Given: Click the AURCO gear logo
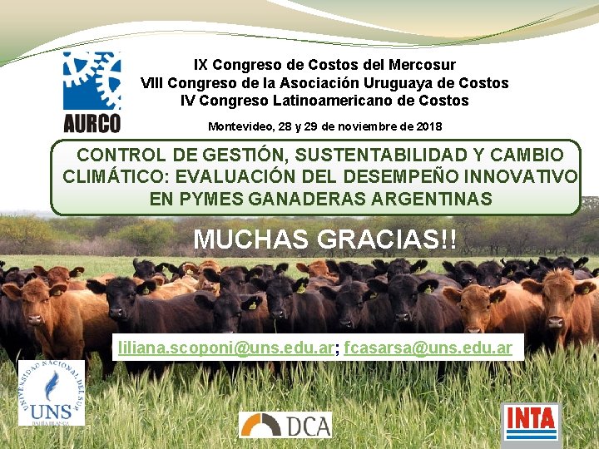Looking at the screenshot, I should coord(92,91).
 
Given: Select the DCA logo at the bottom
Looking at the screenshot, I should coord(285,425).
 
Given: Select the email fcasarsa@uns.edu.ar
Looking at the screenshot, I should coord(428,348).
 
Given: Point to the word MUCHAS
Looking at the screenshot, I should coord(251,239).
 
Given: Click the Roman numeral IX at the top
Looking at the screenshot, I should coord(200,64).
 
